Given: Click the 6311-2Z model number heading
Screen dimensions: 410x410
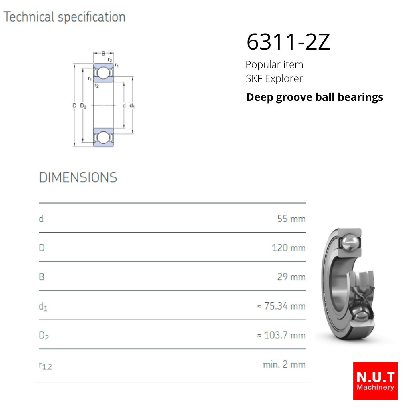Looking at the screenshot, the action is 288,42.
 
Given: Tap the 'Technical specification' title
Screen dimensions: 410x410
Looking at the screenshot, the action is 64,17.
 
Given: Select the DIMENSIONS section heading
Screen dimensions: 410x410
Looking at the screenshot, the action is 78,177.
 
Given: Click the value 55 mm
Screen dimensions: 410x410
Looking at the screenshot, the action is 291,219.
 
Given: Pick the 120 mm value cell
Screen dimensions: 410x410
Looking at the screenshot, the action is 289,247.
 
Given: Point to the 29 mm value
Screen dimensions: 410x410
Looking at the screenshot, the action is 291,277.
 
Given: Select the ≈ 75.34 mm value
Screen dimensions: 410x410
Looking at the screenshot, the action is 281,305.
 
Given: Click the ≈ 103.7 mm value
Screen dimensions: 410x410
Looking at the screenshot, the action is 281,335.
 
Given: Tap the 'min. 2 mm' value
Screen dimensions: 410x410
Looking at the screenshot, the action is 284,364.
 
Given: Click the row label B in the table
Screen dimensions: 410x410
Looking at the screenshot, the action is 42,277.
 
